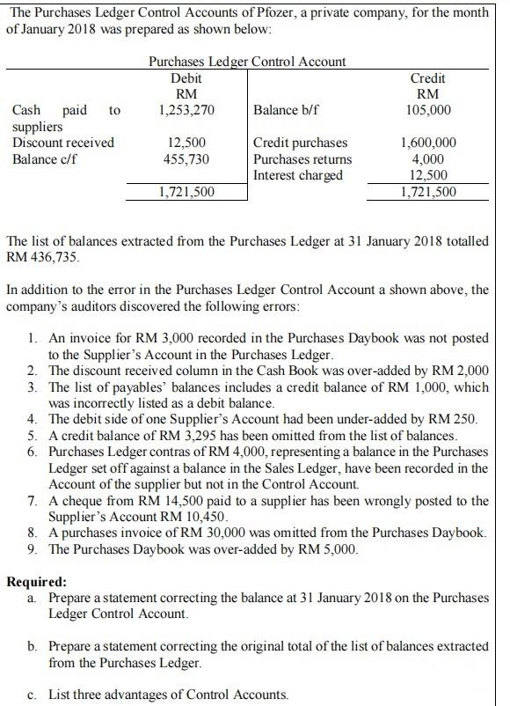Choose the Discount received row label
point(63,142)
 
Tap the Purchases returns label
point(302,158)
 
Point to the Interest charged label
point(298,174)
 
